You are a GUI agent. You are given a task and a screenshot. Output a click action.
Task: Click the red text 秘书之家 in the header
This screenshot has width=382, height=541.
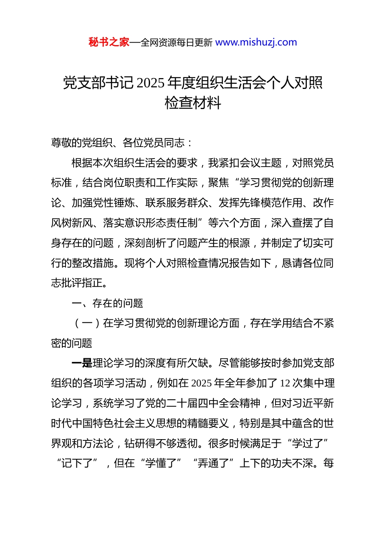click(x=109, y=42)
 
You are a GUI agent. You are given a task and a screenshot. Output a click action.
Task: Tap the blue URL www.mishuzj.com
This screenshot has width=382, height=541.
click(x=256, y=42)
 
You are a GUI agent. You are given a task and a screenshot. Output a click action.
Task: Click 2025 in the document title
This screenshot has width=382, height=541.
click(x=150, y=83)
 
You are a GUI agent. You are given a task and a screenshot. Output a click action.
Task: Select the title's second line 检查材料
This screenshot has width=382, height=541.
click(x=193, y=103)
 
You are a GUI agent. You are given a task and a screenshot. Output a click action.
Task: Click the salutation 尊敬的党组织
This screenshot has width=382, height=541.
click(x=77, y=143)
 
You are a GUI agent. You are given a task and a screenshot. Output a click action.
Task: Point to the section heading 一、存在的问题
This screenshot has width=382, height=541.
click(x=107, y=303)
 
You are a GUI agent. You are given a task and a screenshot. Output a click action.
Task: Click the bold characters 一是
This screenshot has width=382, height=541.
click(x=82, y=363)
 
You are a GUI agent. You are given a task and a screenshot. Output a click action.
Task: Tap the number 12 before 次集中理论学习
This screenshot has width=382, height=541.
click(x=285, y=383)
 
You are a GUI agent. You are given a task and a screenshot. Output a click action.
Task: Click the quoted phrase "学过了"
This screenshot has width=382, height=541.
click(x=308, y=444)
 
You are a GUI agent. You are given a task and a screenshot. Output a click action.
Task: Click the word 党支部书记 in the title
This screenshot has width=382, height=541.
click(x=98, y=83)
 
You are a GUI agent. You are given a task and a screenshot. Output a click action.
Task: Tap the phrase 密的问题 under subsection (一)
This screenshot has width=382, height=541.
click(x=72, y=343)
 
